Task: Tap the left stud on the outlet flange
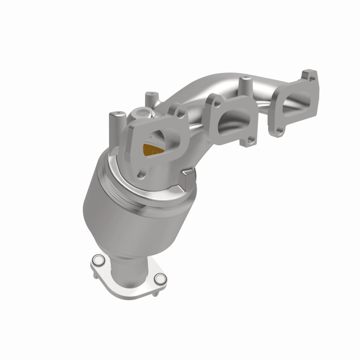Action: [x=97, y=260]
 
